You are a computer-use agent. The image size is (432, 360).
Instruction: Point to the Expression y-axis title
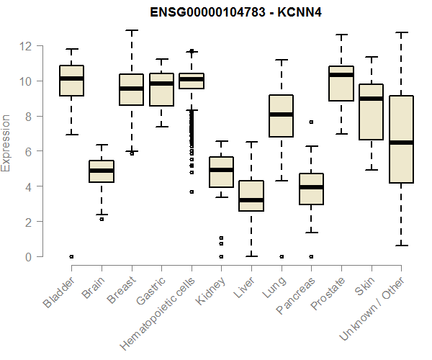[7, 142]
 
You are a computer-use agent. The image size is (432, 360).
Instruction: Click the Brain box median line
[102, 171]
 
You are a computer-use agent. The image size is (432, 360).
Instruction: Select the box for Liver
[251, 195]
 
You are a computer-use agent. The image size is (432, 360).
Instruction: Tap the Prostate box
[341, 84]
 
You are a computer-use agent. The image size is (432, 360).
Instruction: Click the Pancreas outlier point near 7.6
[311, 122]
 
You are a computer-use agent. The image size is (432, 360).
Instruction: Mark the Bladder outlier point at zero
[71, 256]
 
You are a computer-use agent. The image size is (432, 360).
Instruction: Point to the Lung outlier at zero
[281, 256]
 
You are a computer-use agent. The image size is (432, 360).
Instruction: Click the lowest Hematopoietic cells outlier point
[191, 192]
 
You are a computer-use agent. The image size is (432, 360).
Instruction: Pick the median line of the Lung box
[281, 114]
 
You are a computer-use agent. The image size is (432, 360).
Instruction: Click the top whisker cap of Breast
[131, 31]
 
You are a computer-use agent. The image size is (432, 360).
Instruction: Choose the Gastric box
[161, 89]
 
